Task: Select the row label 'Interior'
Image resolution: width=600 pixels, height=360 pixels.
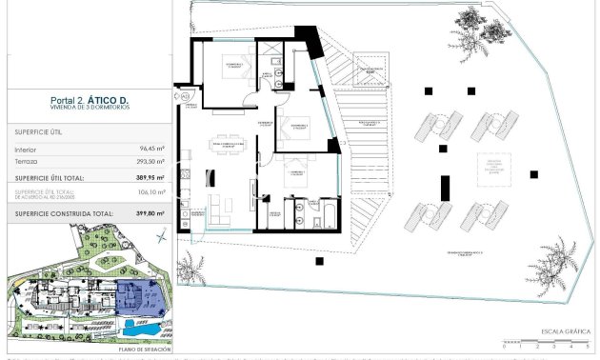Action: click(27, 150)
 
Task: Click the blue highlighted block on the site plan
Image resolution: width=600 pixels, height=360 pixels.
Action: click(139, 299)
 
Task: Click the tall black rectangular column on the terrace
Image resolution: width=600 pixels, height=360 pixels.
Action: click(444, 188)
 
